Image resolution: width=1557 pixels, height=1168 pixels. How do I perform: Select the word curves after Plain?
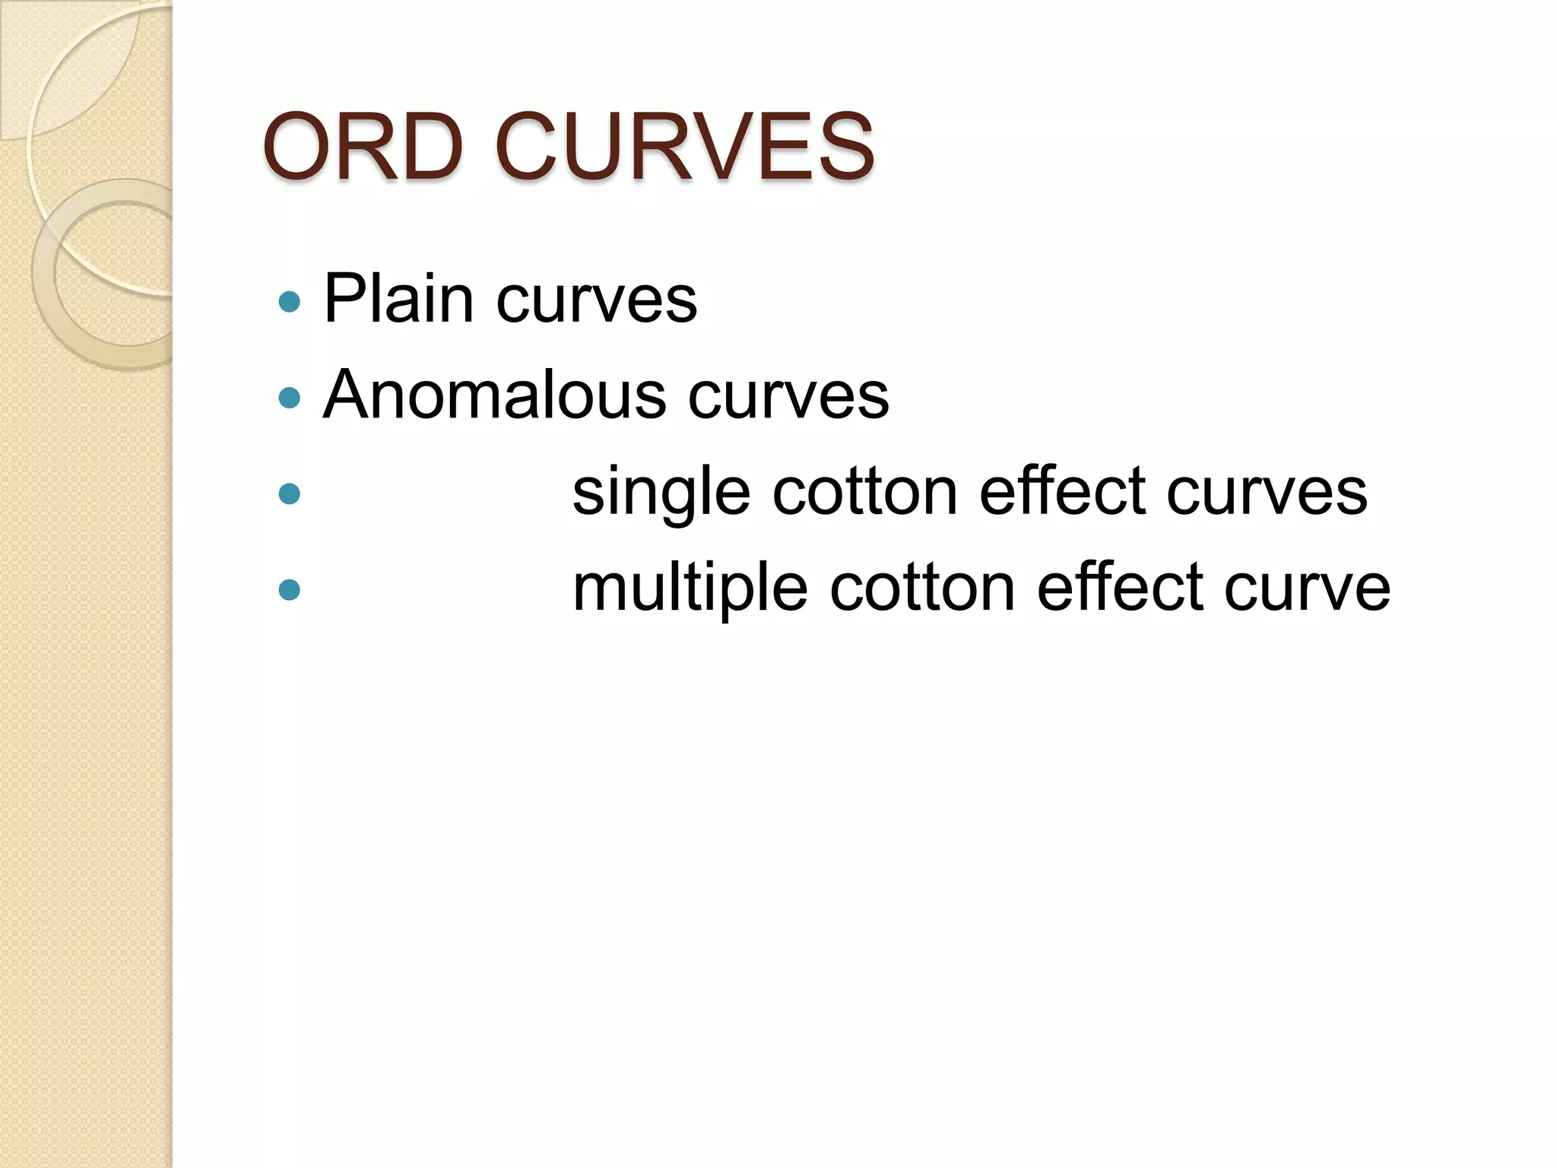pos(597,301)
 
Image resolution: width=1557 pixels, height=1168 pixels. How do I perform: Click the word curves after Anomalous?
pos(788,397)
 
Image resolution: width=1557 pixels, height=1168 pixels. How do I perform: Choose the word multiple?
pos(690,589)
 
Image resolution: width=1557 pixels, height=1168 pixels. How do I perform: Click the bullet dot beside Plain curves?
pos(290,303)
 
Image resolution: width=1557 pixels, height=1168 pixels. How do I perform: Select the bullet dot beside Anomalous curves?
pos(290,398)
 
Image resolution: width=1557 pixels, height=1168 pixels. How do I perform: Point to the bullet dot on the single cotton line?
pos(290,494)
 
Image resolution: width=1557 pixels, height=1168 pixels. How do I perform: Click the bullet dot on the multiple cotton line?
pos(290,589)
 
